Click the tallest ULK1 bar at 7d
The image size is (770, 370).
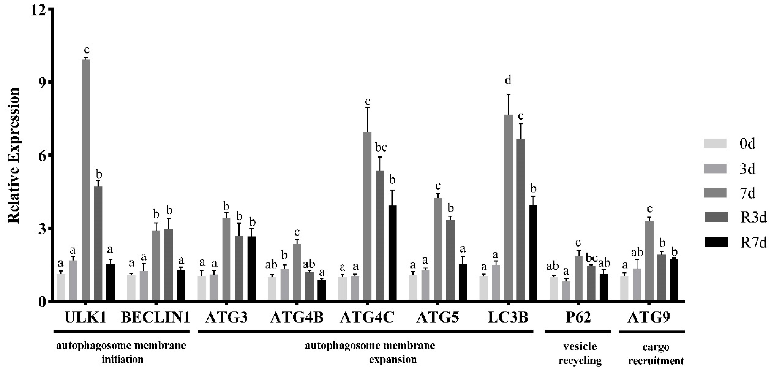click(x=86, y=179)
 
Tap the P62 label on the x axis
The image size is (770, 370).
click(x=578, y=318)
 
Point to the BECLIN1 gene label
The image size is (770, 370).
click(x=155, y=318)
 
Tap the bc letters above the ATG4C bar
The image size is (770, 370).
click(x=380, y=147)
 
